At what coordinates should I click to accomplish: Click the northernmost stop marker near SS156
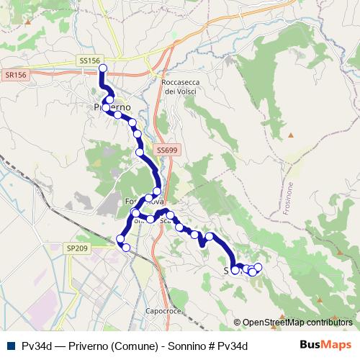102,69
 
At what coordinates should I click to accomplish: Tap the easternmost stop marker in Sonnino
258,268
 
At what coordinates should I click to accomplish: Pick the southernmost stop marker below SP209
126,248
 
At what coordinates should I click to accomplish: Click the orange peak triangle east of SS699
292,135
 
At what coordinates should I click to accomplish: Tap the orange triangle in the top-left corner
27,22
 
